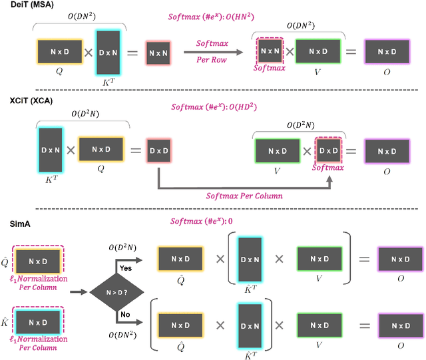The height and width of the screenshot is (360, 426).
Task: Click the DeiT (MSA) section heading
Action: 32,6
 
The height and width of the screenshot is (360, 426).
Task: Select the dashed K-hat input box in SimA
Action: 39,323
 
